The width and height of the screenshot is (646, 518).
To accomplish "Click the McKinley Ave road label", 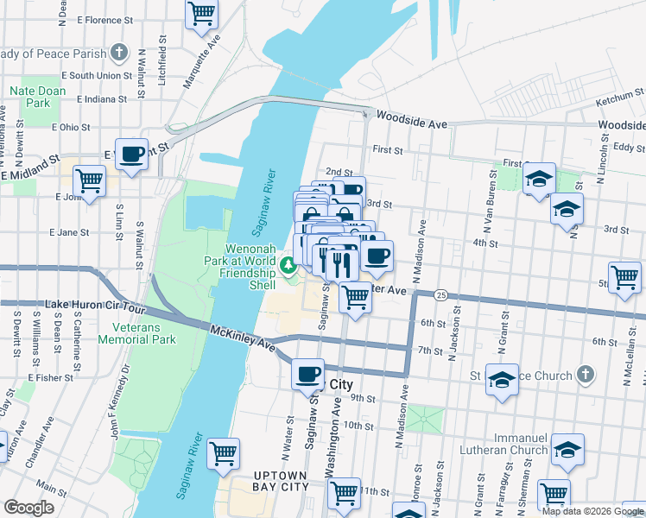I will [244, 338].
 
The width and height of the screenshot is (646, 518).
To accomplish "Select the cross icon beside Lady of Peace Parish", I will [120, 53].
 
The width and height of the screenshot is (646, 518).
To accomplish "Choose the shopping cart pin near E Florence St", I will [201, 13].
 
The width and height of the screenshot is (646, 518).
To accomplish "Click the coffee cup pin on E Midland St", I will [131, 155].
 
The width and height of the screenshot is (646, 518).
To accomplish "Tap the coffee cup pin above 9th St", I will [307, 375].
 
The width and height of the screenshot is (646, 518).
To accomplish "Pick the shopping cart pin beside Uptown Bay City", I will [224, 452].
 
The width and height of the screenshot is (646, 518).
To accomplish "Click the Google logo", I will [28, 508].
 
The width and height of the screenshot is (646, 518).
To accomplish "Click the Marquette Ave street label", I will [202, 61].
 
